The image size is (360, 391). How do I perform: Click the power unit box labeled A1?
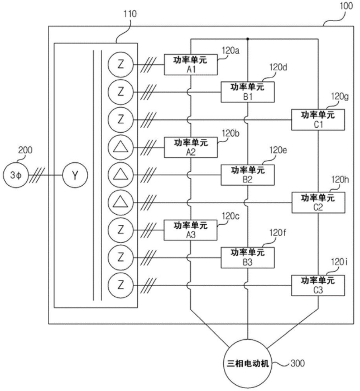pyautogui.click(x=190, y=65)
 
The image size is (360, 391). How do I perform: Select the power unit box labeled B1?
pyautogui.click(x=248, y=92)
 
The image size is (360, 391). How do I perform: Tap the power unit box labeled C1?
pyautogui.click(x=318, y=120)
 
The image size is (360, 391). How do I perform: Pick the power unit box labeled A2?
pyautogui.click(x=190, y=147)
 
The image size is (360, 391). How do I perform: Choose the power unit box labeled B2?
pyautogui.click(x=248, y=175)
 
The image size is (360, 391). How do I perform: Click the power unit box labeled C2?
pyautogui.click(x=318, y=202)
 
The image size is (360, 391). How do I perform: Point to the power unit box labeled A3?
pyautogui.click(x=190, y=230)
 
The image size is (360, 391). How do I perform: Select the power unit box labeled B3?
pyautogui.click(x=248, y=258)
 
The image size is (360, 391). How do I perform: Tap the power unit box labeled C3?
pyautogui.click(x=318, y=286)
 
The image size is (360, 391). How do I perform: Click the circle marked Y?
pyautogui.click(x=75, y=175)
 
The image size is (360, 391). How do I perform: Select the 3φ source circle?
pyautogui.click(x=16, y=175)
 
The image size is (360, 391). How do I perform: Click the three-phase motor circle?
pyautogui.click(x=247, y=363)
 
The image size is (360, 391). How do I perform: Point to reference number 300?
pyautogui.click(x=297, y=363)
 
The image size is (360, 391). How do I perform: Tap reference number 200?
pyautogui.click(x=25, y=150)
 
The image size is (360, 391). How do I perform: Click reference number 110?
pyautogui.click(x=130, y=14)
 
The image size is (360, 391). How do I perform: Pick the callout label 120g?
pyautogui.click(x=340, y=96)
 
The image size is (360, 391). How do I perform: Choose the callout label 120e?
pyautogui.click(x=278, y=150)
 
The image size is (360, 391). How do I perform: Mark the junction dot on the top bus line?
pyautogui.click(x=247, y=39)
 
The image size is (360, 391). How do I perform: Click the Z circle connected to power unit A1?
pyautogui.click(x=121, y=65)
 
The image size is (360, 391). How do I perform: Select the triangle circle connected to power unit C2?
pyautogui.click(x=121, y=202)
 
